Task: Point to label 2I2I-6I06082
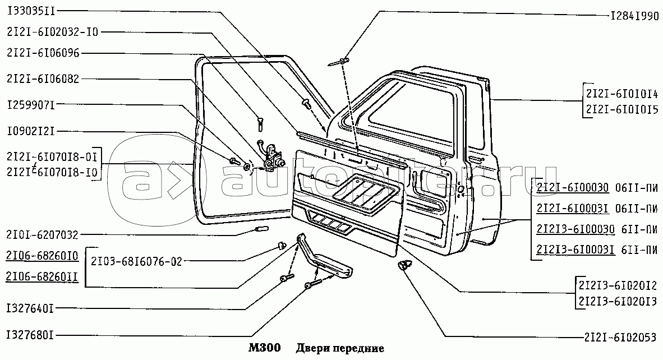click(x=44, y=80)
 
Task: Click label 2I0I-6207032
click(x=43, y=234)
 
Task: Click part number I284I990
click(x=634, y=16)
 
